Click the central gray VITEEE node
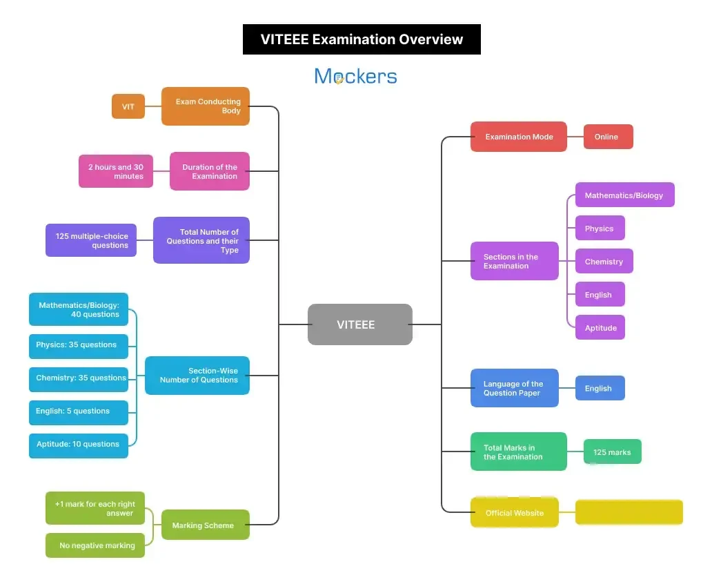click(x=359, y=324)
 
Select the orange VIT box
click(x=128, y=106)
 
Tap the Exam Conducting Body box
click(x=206, y=106)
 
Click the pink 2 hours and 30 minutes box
click(x=116, y=171)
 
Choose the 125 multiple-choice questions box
click(x=91, y=240)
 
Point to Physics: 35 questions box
click(x=79, y=345)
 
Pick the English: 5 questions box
click(x=79, y=411)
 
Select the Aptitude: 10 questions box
click(x=79, y=445)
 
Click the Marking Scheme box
click(x=205, y=525)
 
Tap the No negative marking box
click(x=95, y=545)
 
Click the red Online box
click(x=608, y=137)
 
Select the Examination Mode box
click(x=518, y=137)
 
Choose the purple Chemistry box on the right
click(x=604, y=262)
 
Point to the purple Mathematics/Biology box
click(x=624, y=195)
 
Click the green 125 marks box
click(x=612, y=452)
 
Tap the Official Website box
click(x=514, y=513)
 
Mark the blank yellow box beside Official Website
click(x=629, y=512)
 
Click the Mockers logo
click(x=355, y=76)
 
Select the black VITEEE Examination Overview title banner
click(x=362, y=39)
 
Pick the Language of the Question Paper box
click(x=514, y=388)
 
